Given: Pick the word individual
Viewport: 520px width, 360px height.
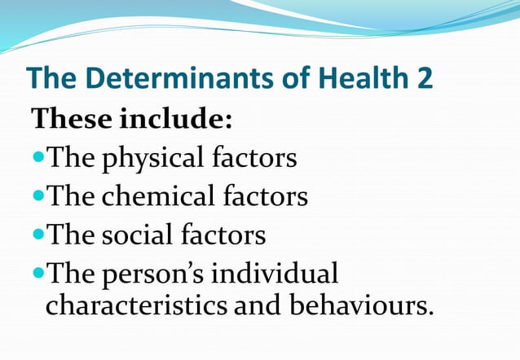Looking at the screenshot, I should tap(275, 273).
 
